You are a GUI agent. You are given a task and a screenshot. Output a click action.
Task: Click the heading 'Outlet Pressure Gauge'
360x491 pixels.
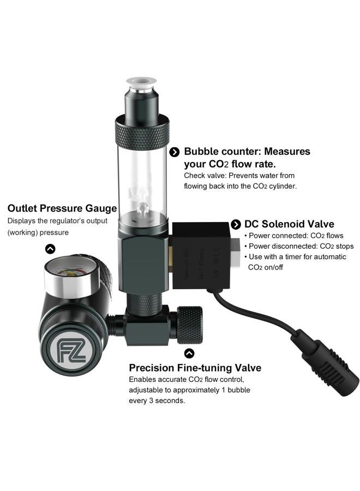pos(62,208)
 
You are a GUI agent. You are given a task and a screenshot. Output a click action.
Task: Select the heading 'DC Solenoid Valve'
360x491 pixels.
pos(289,224)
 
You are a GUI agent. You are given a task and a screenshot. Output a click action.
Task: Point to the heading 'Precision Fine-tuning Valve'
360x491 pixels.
pos(195,368)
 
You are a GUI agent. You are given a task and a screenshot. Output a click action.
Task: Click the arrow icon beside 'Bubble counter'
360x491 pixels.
pos(175,152)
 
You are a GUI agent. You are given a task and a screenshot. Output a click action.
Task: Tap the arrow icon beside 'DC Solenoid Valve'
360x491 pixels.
pos(236,224)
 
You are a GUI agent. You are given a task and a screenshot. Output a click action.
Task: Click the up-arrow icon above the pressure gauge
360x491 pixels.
pos(50,249)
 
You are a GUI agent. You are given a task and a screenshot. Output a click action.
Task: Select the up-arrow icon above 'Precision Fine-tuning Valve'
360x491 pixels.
pos(189,353)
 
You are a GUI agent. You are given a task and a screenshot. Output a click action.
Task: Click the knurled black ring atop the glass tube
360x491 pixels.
pos(142,131)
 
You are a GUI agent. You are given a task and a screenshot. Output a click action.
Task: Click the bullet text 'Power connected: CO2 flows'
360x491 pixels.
pos(292,236)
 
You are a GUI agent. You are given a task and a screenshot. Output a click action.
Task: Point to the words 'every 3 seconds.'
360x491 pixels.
pos(157,400)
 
